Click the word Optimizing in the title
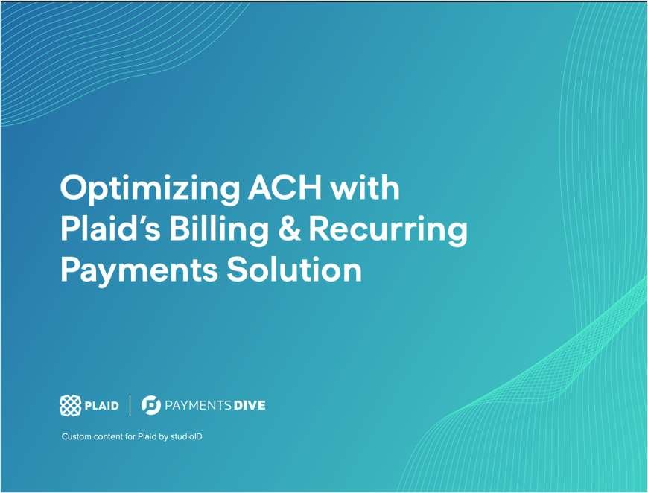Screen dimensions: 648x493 pyautogui.click(x=150, y=190)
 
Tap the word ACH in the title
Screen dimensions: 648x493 pyautogui.click(x=285, y=187)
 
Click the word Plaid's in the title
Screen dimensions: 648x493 pyautogui.click(x=110, y=229)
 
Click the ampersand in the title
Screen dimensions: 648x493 pyautogui.click(x=289, y=229)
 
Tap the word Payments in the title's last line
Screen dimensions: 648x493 pyautogui.click(x=139, y=271)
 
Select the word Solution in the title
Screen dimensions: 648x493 pyautogui.click(x=293, y=270)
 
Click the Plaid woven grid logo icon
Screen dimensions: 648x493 pyautogui.click(x=70, y=405)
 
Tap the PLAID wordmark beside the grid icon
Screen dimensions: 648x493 pyautogui.click(x=101, y=406)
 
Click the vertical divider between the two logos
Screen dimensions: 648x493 pyautogui.click(x=130, y=405)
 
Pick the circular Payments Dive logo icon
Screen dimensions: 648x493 pyautogui.click(x=151, y=405)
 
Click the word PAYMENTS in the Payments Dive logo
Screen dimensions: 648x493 pyautogui.click(x=198, y=405)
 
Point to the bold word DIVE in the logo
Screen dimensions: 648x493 pyautogui.click(x=250, y=405)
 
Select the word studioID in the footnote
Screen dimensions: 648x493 pyautogui.click(x=186, y=437)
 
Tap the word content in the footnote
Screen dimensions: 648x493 pyautogui.click(x=109, y=437)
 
